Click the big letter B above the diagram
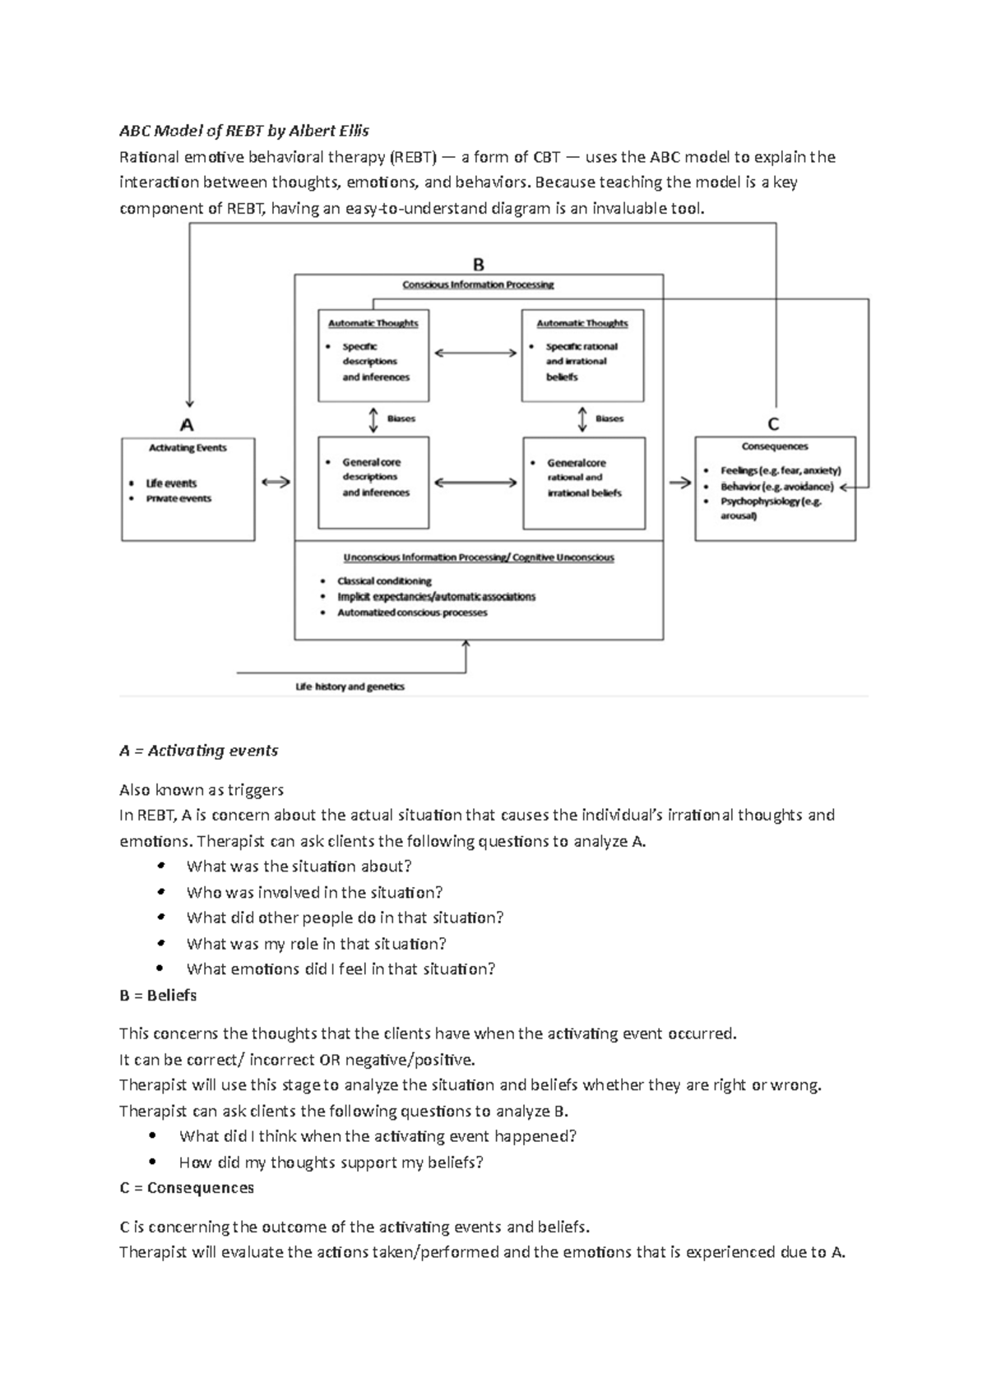point(478,265)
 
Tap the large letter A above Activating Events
point(187,425)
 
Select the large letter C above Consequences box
point(773,424)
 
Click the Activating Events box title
point(188,448)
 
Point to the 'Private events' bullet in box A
point(178,498)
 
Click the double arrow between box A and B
point(276,483)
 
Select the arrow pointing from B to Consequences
point(679,483)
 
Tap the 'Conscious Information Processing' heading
point(478,284)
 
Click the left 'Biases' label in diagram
point(401,418)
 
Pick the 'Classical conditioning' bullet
point(384,580)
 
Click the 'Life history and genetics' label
point(350,686)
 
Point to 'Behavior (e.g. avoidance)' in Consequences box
point(776,486)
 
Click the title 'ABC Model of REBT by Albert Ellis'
point(244,131)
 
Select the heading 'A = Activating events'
point(198,751)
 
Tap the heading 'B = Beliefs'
point(158,996)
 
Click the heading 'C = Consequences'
point(187,1188)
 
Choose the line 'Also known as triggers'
point(202,790)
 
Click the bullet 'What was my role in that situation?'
point(316,944)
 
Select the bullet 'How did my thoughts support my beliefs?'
point(331,1163)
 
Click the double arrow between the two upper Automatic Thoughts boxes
point(475,354)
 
